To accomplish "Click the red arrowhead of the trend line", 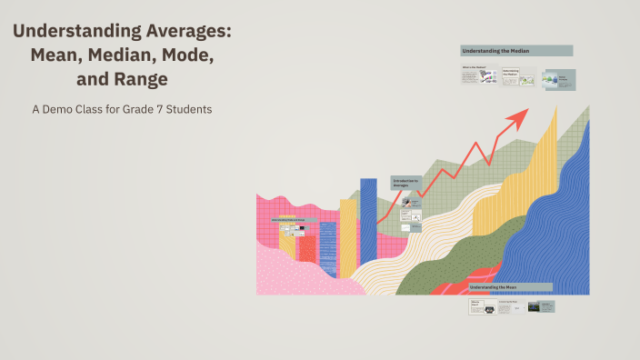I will [519, 115].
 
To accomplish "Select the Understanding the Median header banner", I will [516, 51].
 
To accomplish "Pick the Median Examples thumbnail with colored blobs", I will [556, 79].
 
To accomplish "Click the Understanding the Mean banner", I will [511, 286].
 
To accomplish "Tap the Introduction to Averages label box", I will [406, 183].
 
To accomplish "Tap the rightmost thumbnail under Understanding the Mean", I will [547, 307].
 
